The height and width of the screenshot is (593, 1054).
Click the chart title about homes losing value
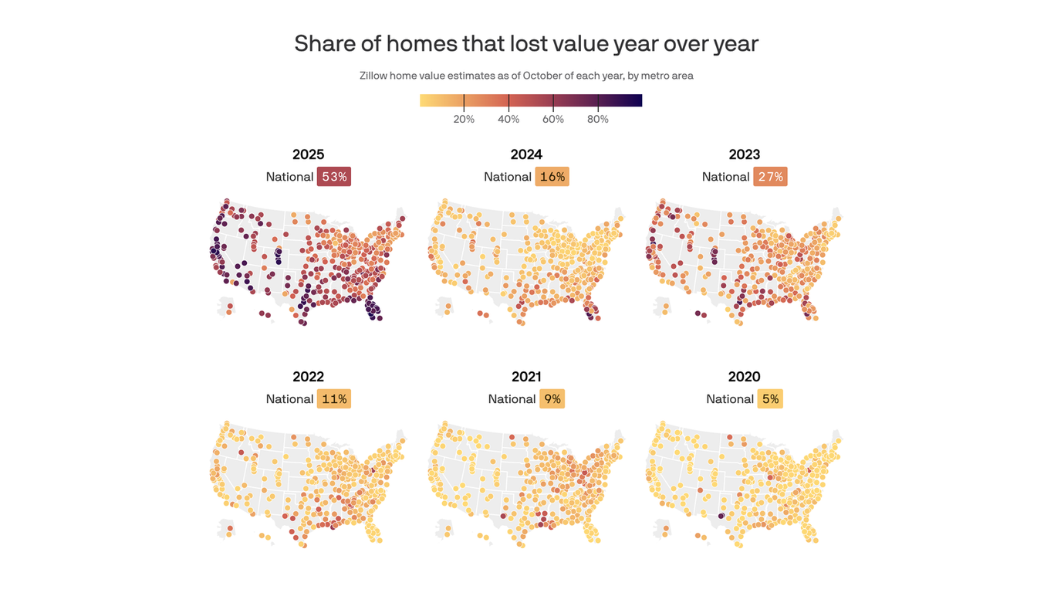click(526, 43)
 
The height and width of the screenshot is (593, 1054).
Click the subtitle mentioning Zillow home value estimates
click(526, 76)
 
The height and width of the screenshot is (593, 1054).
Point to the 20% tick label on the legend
click(464, 119)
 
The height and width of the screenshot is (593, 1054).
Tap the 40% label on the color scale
click(508, 119)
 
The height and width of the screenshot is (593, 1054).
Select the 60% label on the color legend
click(553, 119)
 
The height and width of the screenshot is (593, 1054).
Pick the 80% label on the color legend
click(598, 119)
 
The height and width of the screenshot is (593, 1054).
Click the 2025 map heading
click(309, 154)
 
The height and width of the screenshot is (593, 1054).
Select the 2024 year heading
click(526, 154)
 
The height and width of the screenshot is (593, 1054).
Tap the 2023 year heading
click(745, 154)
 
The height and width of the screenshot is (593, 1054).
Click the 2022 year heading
click(309, 377)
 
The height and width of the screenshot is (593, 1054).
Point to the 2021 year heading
click(526, 377)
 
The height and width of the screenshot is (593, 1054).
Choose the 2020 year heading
click(745, 377)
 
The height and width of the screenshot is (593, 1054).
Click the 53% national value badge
click(334, 177)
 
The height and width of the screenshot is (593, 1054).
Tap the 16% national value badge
click(552, 177)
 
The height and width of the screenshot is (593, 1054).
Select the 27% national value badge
click(770, 177)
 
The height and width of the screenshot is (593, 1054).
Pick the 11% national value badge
click(334, 399)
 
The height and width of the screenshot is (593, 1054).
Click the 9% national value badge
click(552, 399)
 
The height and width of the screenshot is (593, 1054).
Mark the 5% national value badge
click(770, 399)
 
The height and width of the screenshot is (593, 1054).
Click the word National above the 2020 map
click(730, 399)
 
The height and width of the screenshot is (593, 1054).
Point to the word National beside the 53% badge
click(289, 177)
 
